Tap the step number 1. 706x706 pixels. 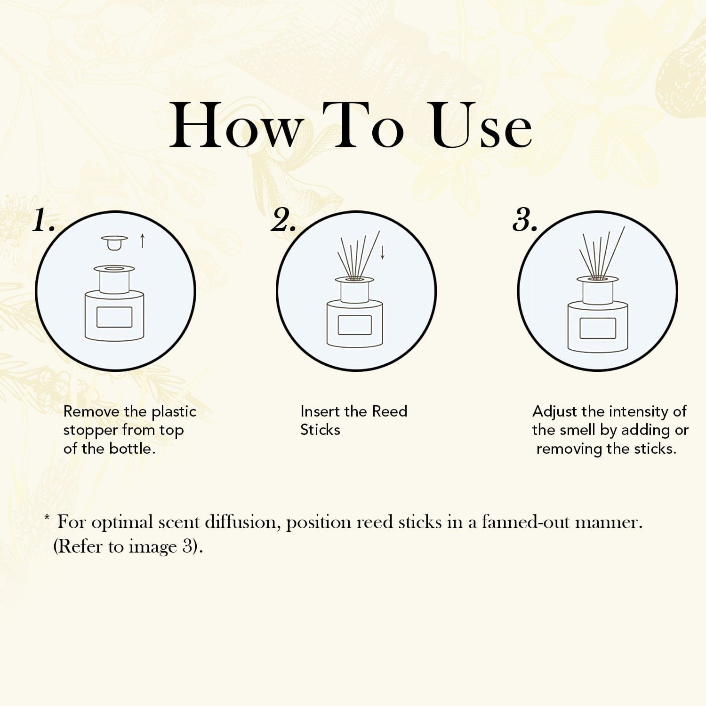(44, 220)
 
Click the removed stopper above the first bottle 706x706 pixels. (114, 242)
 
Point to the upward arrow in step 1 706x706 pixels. (143, 241)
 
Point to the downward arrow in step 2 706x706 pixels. (382, 252)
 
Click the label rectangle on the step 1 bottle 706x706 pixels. (114, 317)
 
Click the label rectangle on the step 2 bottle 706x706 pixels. (354, 325)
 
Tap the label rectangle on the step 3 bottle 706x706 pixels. (598, 328)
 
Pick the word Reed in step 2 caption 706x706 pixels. (390, 411)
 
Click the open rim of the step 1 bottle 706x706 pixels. (114, 269)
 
